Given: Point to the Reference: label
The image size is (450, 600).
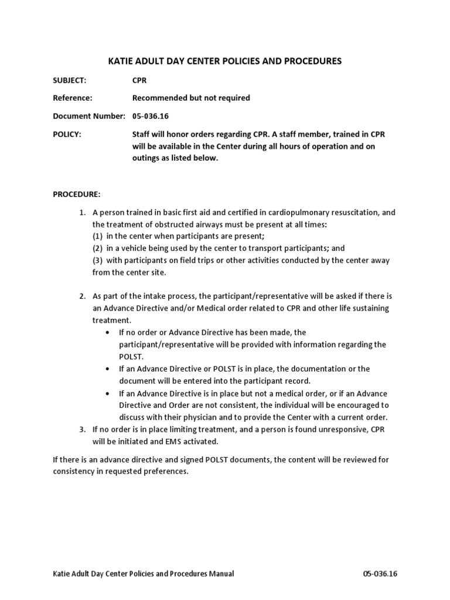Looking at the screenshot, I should (x=73, y=98).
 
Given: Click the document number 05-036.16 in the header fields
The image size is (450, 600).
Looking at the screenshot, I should (x=151, y=116).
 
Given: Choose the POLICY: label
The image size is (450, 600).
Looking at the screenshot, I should (x=67, y=134).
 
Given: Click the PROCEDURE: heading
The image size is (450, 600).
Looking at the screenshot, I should (x=77, y=194).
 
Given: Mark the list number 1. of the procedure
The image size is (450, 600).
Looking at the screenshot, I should (x=83, y=212).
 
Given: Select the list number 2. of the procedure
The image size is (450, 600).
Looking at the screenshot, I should (x=83, y=296).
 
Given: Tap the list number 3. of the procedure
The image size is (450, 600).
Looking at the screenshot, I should (x=83, y=429).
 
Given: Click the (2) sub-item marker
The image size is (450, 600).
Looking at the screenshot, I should (x=97, y=248).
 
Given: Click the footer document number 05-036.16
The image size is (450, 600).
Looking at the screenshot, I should (x=380, y=574).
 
